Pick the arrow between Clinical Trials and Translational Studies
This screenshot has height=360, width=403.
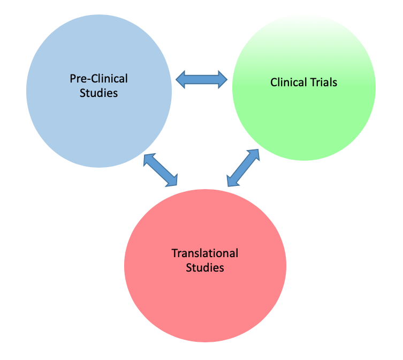pos(243,168)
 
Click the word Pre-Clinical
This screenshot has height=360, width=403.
pos(99,79)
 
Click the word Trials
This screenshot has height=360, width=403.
pos(323,82)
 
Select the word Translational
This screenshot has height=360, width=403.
pos(205,253)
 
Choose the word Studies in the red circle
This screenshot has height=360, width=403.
pos(205,267)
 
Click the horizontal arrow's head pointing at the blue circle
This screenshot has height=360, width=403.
pos(182,79)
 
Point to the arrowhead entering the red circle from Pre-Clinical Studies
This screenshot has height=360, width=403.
pos(172,182)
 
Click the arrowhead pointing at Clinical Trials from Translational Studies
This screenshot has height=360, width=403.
pos(254,155)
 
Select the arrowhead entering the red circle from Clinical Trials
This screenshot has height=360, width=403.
pos(232,181)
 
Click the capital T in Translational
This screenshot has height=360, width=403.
pos(174,253)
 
